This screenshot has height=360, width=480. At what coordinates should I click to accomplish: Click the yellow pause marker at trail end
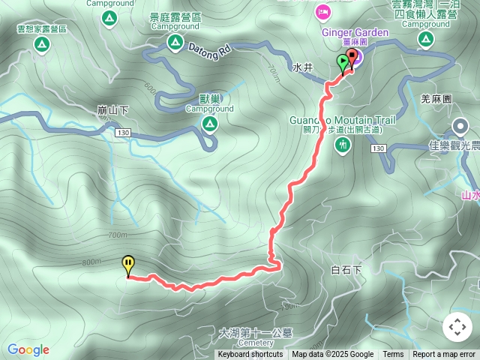[x=128, y=265]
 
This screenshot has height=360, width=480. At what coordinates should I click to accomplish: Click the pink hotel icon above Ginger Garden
[x=323, y=11]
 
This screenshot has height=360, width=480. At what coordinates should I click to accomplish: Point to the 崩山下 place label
[x=113, y=109]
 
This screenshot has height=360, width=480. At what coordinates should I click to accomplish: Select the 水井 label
[x=302, y=67]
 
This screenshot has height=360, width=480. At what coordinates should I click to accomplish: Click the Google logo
[x=28, y=349]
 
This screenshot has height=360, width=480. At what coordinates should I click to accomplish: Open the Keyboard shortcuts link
[x=250, y=355]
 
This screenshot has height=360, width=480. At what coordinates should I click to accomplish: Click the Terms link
[x=393, y=355]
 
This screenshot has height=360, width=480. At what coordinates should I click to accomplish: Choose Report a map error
[x=444, y=355]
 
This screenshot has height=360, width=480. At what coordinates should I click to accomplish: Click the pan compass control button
[x=457, y=327]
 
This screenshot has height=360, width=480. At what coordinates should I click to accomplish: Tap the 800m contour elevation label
[x=91, y=262]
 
